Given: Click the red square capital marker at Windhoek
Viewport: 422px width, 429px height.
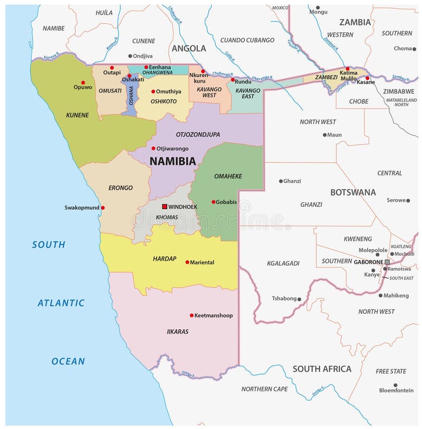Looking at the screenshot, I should point(165,207).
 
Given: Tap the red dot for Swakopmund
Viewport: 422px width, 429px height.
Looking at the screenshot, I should point(103,208).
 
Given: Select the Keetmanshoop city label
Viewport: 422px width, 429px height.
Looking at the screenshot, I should point(214,315).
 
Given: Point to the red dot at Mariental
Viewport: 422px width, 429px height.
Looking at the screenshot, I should point(187,262).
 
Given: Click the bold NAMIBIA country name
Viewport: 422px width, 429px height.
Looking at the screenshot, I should point(172,161).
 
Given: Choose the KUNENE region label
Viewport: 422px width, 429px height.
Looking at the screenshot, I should point(77,115).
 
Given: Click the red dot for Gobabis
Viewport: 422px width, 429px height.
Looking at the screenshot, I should point(214,202).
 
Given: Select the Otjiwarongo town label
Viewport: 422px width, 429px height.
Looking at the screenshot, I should point(172,148).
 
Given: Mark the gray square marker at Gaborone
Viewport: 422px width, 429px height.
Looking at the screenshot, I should point(387,262).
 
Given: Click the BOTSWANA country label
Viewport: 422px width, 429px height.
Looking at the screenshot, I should point(353,192).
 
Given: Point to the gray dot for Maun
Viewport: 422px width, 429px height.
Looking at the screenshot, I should point(324,135).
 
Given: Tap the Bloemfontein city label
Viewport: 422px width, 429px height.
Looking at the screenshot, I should point(396,390).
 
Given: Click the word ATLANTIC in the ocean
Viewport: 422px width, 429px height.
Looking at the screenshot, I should point(61,303).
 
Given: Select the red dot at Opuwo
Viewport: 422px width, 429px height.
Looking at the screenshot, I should point(83,82).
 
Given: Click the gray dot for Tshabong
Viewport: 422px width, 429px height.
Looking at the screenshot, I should point(299,299).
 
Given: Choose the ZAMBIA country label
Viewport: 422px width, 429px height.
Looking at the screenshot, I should point(355,22).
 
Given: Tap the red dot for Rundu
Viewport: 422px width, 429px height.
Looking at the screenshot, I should point(233,80).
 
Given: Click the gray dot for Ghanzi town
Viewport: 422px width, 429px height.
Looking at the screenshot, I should point(281,181).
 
